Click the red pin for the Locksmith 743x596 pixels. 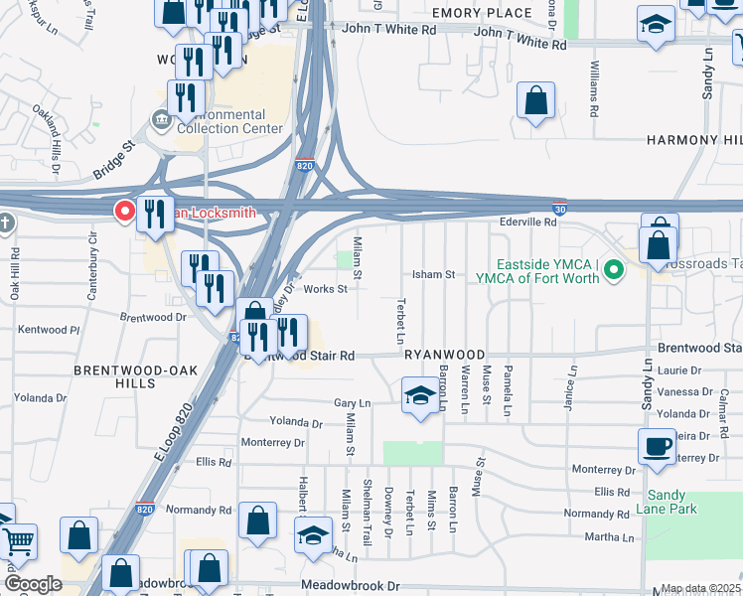pos(125,212)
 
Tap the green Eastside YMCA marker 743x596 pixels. pos(614,269)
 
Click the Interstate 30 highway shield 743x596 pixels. pos(560,210)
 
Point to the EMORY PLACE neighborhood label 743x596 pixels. pos(482,13)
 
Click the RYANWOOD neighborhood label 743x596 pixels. pos(444,355)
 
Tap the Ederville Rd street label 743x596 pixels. pos(528,223)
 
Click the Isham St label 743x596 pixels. pos(433,274)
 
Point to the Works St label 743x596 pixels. pos(325,289)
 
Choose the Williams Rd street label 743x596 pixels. pos(593,88)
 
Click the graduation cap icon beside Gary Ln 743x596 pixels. pos(419,395)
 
